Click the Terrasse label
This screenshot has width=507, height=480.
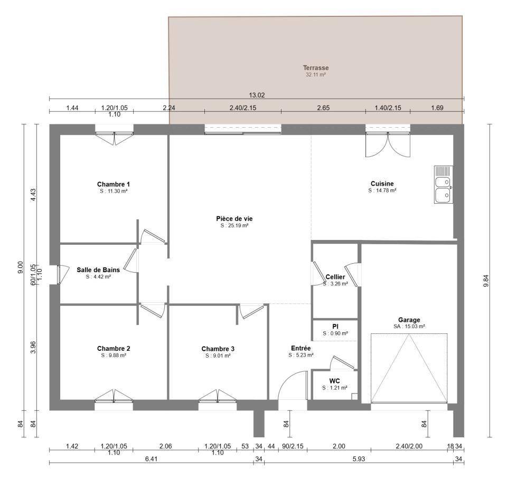pyautogui.click(x=316, y=68)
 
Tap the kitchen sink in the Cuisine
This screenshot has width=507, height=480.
pyautogui.click(x=443, y=185)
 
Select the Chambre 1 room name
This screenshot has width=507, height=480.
pyautogui.click(x=114, y=185)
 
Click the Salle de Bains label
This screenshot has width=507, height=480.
pyautogui.click(x=98, y=270)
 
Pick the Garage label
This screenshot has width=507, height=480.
pyautogui.click(x=409, y=320)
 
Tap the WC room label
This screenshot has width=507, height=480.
pyautogui.click(x=335, y=381)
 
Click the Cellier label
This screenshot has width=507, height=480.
pyautogui.click(x=335, y=277)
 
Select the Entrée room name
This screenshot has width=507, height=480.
pyautogui.click(x=301, y=348)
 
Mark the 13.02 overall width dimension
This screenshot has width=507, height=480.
pyautogui.click(x=257, y=95)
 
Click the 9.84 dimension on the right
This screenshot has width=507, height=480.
pyautogui.click(x=486, y=281)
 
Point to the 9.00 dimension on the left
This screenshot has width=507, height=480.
pyautogui.click(x=20, y=267)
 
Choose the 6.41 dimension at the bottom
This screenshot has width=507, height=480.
pyautogui.click(x=151, y=459)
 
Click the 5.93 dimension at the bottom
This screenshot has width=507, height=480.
pyautogui.click(x=359, y=459)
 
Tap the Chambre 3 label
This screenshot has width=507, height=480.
pyautogui.click(x=218, y=349)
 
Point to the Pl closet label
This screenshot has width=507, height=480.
pyautogui.click(x=335, y=327)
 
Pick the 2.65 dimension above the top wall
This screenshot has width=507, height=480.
pyautogui.click(x=323, y=108)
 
